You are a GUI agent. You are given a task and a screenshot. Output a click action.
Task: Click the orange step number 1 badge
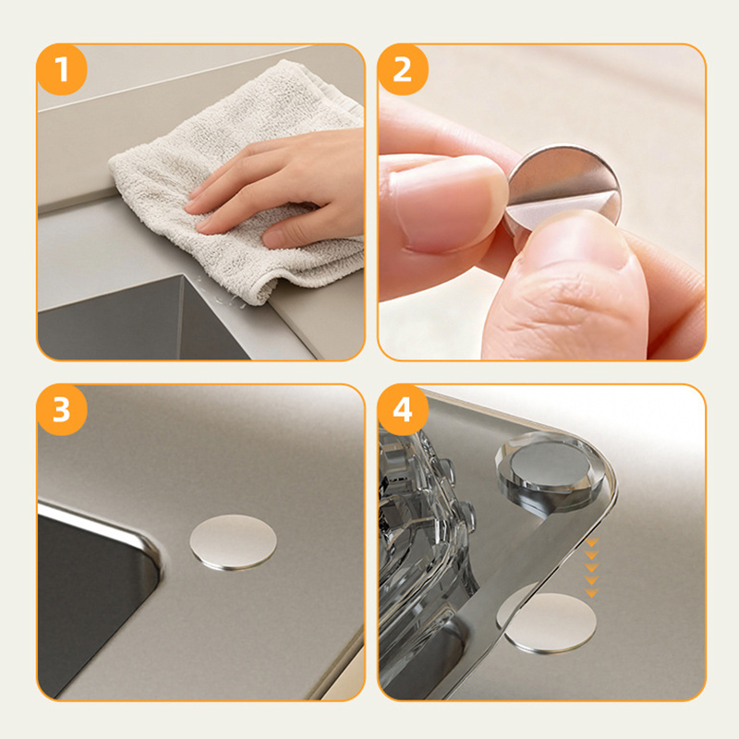tap(62, 69)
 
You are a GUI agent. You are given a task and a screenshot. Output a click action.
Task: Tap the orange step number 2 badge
tap(403, 69)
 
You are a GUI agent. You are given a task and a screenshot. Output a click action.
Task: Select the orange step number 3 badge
tap(62, 409)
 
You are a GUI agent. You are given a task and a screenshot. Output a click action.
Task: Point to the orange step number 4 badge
tap(403, 409)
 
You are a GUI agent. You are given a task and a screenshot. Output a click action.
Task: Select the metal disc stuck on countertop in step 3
tap(234, 543)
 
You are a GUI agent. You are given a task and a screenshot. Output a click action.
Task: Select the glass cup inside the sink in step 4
tap(424, 542)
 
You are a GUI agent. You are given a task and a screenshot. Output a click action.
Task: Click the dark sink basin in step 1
tap(141, 321)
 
